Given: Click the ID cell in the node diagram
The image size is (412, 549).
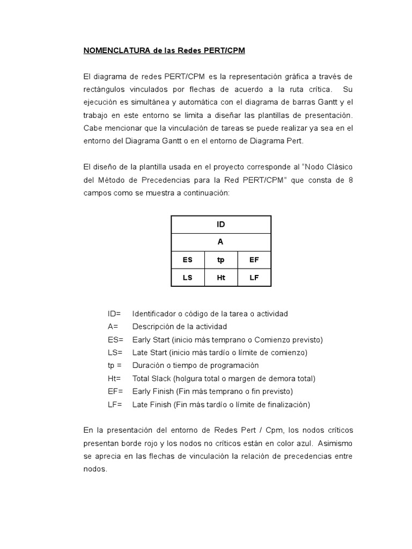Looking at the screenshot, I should [220, 225].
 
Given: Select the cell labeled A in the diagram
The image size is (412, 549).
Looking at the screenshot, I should [220, 242].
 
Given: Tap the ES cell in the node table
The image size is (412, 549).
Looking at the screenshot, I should [187, 259].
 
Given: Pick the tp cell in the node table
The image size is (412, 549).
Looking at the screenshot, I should [220, 259].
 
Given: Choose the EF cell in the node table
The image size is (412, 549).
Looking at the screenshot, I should [254, 259].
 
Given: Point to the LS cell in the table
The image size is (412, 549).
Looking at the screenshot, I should [187, 277].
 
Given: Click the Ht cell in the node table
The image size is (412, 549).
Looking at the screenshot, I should [220, 277].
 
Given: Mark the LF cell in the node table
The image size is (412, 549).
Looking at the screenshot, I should [254, 277].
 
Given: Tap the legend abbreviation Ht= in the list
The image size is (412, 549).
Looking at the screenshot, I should [114, 379].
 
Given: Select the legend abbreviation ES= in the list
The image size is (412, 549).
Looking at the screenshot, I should [115, 339].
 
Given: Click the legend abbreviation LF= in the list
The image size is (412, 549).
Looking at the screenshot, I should [115, 404].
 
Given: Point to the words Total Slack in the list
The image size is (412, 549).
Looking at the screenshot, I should [152, 379].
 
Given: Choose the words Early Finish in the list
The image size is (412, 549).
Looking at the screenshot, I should [153, 391].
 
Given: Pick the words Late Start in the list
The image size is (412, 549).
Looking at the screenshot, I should [150, 352].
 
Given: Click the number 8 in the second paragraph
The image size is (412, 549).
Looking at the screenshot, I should [350, 180].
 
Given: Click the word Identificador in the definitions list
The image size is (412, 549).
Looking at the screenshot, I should [154, 314].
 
